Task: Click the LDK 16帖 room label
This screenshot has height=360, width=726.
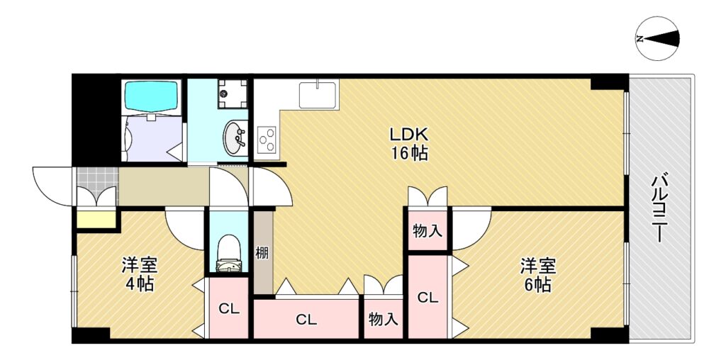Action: (x=409, y=144)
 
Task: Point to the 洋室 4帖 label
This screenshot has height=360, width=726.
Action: (x=140, y=275)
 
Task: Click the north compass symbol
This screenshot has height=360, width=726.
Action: (x=657, y=39)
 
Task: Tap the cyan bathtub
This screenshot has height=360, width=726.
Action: (x=151, y=96)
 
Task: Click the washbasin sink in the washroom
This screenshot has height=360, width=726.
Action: (x=235, y=137)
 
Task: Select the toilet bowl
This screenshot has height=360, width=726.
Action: (x=228, y=254)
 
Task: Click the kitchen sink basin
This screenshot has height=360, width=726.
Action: (x=318, y=95)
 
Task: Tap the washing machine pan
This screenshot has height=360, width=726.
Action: (x=233, y=94)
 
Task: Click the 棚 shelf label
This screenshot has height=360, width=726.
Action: (x=261, y=253)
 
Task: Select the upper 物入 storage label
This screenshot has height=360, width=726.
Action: (x=428, y=231)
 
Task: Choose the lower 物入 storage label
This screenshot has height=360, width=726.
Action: (x=383, y=319)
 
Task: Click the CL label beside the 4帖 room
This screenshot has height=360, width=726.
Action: (x=229, y=310)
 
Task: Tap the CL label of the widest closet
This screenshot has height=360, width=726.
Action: (x=306, y=320)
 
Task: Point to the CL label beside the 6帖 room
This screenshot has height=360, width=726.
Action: (x=428, y=298)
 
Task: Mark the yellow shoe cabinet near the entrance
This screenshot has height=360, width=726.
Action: (x=96, y=220)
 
